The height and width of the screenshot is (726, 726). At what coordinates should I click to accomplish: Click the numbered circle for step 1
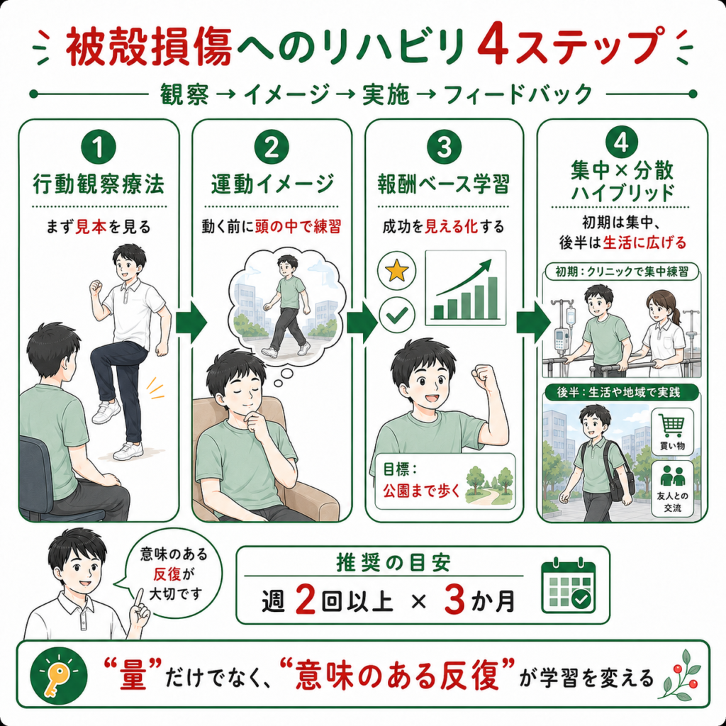[x=98, y=147]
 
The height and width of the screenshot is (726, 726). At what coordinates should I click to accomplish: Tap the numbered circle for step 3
[x=444, y=147]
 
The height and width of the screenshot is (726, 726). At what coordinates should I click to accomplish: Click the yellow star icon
[x=397, y=271]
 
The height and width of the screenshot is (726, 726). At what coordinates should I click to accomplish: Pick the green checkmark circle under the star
[x=397, y=315]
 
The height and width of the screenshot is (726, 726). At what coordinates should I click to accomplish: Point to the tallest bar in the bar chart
[x=493, y=298]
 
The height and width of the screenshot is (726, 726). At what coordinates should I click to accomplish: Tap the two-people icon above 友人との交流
[x=672, y=476]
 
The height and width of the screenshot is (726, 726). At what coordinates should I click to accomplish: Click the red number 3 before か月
[x=454, y=600]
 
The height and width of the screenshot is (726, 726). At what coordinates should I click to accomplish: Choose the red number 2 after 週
[x=304, y=600]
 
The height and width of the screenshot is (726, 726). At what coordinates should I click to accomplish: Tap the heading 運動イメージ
[x=272, y=184]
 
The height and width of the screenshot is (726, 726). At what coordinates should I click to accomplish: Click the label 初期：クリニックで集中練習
[x=622, y=272]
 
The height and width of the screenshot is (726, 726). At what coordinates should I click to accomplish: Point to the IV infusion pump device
[x=562, y=340]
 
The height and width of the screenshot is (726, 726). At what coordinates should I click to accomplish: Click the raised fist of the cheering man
[x=484, y=376]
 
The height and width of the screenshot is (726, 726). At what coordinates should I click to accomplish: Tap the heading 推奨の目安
[x=393, y=563]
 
